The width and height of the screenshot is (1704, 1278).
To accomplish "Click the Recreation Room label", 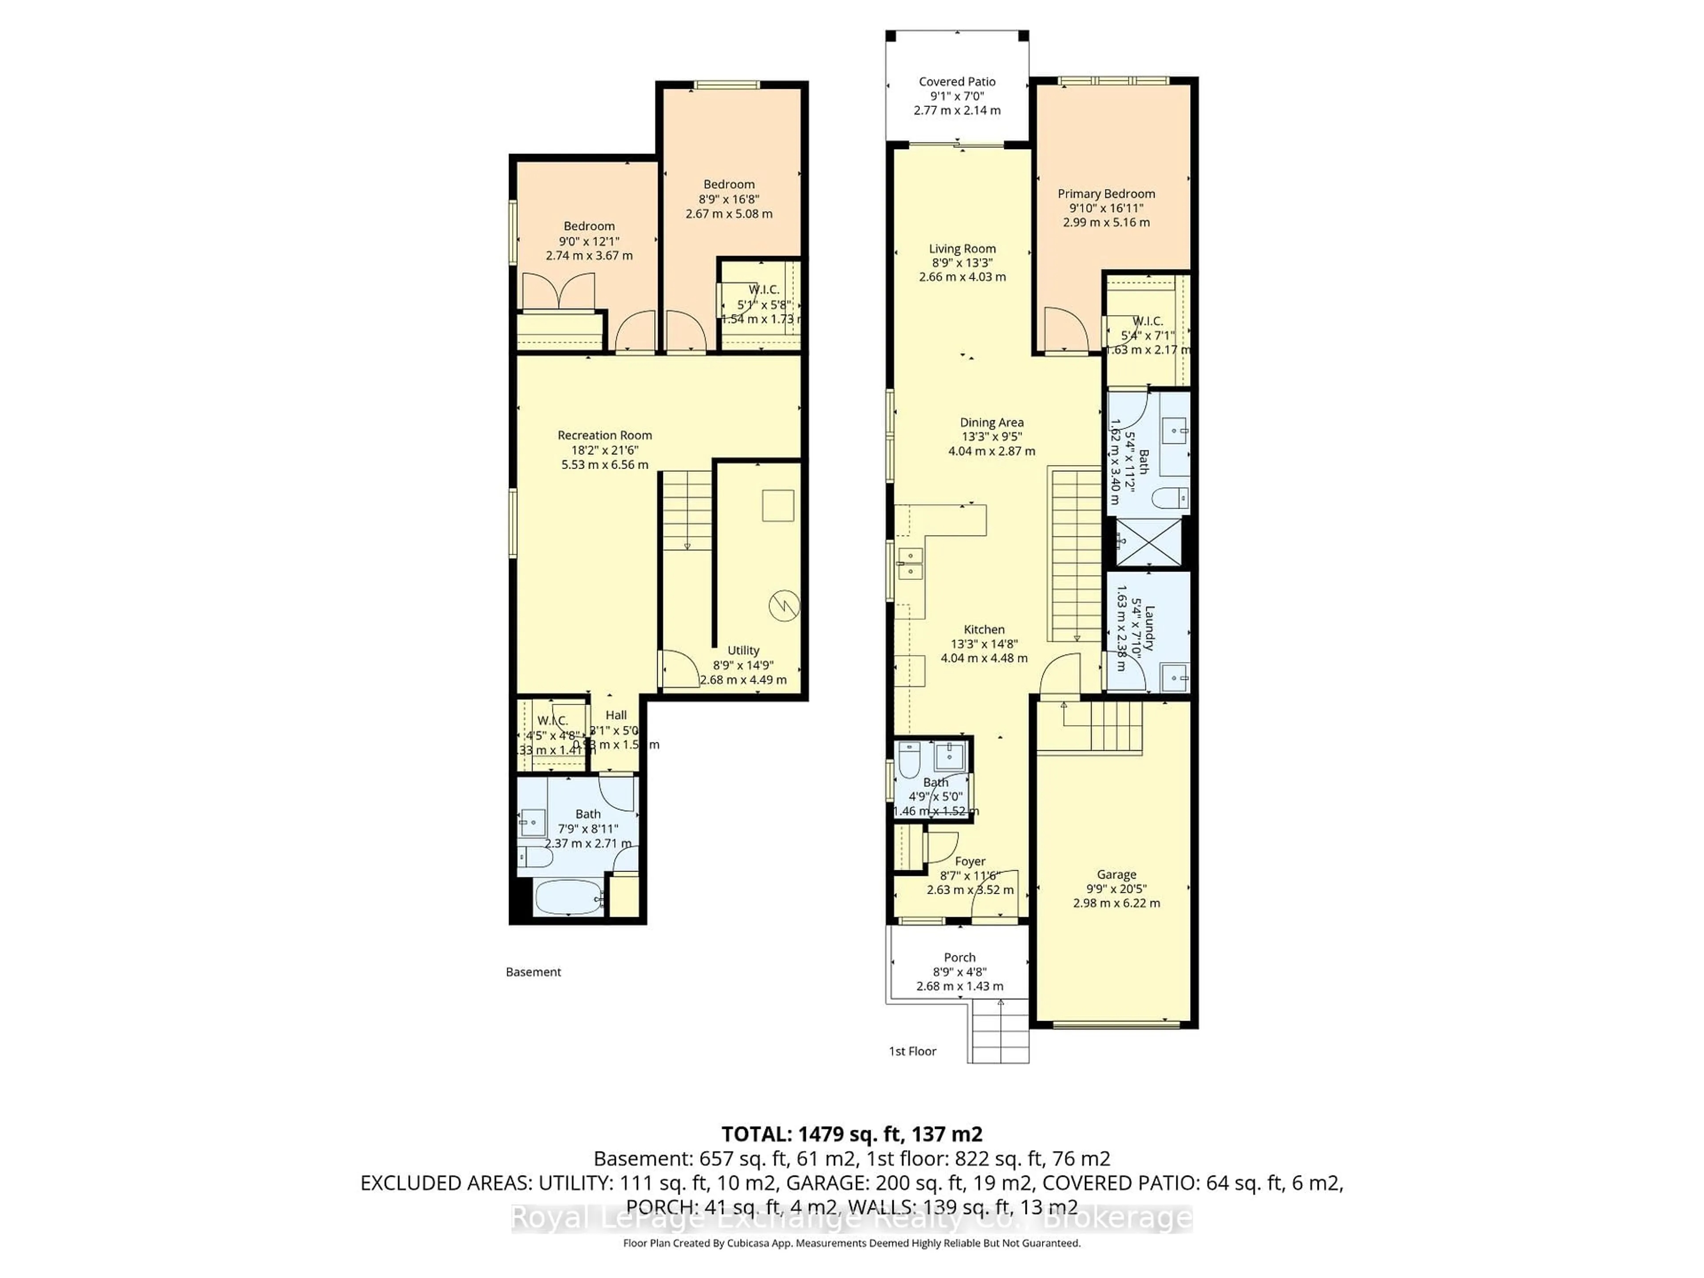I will [605, 435].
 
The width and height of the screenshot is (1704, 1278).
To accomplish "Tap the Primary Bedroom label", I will [1106, 194].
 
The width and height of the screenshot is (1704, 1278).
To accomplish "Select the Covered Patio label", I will [957, 82].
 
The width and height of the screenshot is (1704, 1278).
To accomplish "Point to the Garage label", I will [1116, 874].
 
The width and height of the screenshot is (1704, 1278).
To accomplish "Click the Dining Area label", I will [991, 422].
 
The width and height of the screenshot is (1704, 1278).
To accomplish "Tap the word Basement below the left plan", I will [533, 972].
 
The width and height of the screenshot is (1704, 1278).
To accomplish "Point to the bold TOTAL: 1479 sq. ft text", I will [851, 1134].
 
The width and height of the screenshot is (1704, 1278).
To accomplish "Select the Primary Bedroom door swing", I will [1065, 330].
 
